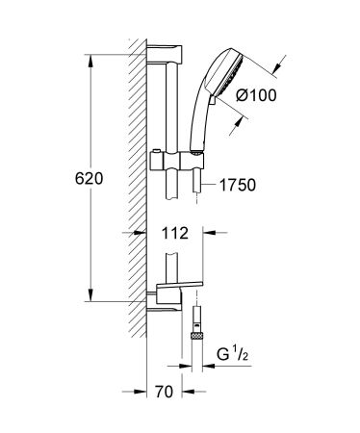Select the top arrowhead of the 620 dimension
click(90, 46)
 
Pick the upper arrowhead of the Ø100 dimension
click(275, 67)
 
